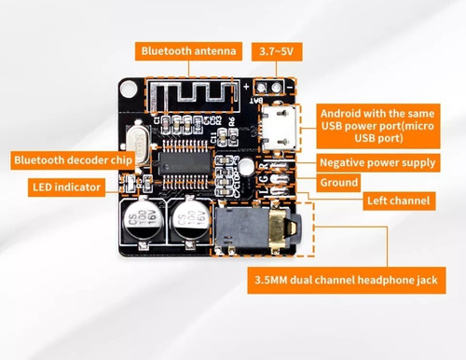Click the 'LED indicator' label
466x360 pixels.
(66, 187)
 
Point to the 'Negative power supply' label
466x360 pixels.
(391, 162)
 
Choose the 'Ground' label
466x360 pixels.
(339, 183)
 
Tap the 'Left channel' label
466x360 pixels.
(398, 201)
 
